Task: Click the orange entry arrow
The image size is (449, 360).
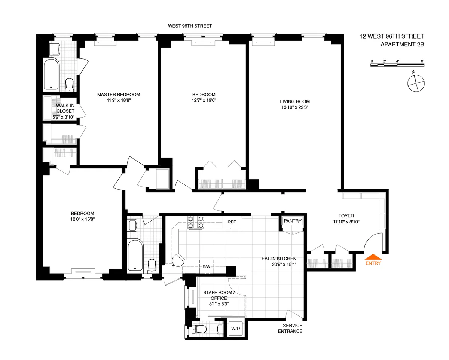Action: (x=373, y=257)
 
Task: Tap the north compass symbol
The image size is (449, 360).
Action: (x=415, y=83)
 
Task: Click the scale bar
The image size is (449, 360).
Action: (x=397, y=65)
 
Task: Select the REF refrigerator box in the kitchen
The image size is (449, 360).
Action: (x=232, y=222)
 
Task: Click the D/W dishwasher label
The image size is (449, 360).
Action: (x=206, y=266)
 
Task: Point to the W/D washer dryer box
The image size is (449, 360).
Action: (x=236, y=329)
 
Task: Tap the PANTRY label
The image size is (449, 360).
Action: (x=293, y=221)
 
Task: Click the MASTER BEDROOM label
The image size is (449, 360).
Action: (x=119, y=95)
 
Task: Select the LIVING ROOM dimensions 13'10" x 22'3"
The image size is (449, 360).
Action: (x=295, y=107)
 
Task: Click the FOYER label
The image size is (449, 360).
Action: (x=346, y=216)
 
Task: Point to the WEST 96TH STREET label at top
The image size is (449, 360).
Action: (x=190, y=26)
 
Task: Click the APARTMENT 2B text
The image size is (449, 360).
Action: (x=402, y=45)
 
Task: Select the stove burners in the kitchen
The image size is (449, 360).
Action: (x=196, y=222)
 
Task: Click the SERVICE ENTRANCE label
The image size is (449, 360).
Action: (x=290, y=328)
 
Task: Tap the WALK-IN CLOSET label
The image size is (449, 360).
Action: (x=65, y=108)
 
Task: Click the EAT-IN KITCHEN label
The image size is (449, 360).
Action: (x=279, y=259)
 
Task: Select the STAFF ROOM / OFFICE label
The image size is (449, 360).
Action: (x=219, y=295)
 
